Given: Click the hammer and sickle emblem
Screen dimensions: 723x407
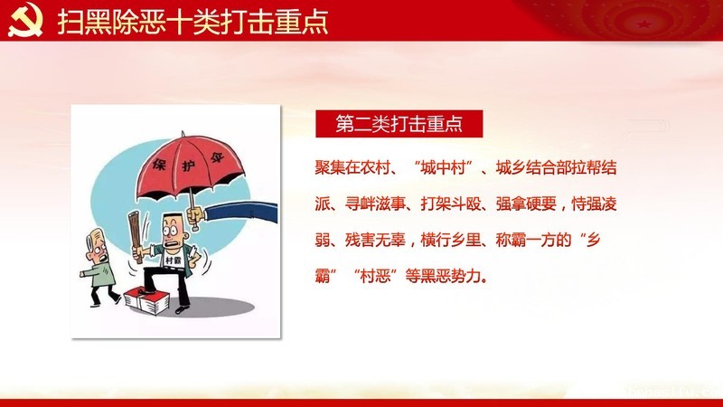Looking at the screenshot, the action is [25, 19].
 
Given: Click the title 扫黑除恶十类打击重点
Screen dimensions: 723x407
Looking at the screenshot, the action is [192, 21].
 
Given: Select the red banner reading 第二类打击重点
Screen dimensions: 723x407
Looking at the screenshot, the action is [399, 124].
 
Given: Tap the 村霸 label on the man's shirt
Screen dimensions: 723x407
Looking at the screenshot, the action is [173, 260].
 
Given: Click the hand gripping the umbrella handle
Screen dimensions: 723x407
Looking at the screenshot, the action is [195, 216].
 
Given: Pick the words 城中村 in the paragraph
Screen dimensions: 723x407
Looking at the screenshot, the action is [443, 167].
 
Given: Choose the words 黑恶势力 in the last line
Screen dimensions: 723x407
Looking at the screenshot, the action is [450, 276].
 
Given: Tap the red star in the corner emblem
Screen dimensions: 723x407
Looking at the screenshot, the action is [643, 24].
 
